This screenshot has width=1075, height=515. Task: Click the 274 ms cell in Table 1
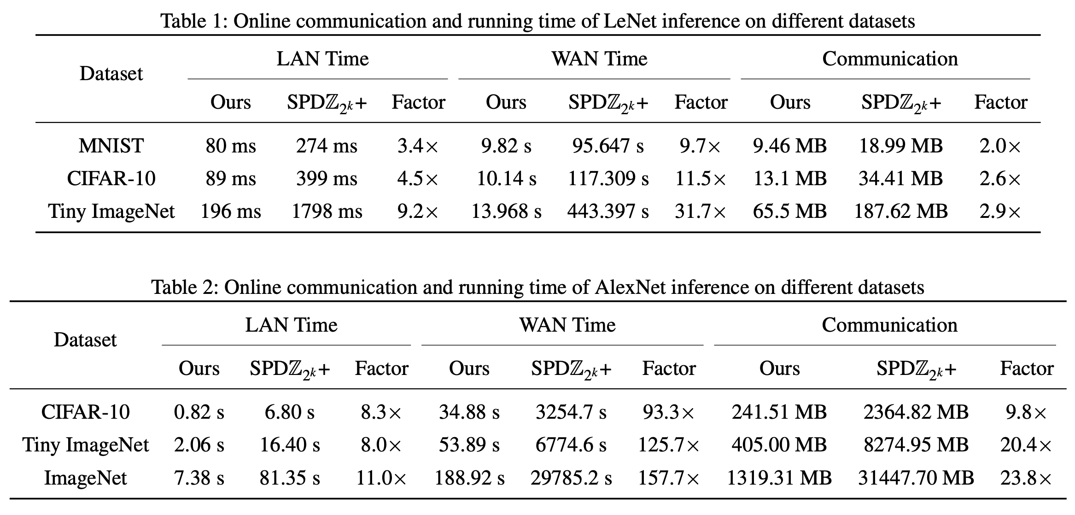327,146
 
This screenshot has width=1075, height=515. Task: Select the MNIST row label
111,146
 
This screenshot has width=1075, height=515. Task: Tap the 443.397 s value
608,211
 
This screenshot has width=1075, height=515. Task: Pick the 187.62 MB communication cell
900,211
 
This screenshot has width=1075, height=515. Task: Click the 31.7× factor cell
700,211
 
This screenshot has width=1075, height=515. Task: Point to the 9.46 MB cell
789,146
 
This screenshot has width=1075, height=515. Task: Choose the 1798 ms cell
327,211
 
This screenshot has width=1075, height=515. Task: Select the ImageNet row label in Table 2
85,478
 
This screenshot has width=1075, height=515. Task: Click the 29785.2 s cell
571,478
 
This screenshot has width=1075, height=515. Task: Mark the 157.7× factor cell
668,478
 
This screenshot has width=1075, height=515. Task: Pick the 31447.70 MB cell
916,478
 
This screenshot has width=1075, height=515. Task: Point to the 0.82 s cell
199,412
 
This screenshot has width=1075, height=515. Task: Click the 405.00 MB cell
779,445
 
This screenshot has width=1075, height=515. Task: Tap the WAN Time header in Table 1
599,59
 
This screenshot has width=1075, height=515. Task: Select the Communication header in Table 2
889,325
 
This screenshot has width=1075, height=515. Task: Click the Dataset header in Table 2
85,340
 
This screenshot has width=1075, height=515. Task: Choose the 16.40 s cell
290,445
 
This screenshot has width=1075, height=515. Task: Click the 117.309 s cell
608,179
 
